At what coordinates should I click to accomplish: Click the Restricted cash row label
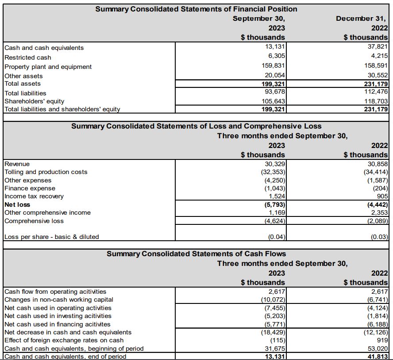(x=27, y=57)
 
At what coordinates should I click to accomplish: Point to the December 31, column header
(x=362, y=19)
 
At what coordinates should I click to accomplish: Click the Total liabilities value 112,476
(x=377, y=92)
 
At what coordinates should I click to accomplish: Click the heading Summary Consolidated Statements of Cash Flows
(x=196, y=254)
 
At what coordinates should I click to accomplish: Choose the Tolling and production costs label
(x=46, y=172)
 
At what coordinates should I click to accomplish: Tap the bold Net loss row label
(x=17, y=205)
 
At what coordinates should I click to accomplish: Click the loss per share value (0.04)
(x=277, y=237)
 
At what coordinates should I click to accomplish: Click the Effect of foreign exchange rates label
(x=64, y=340)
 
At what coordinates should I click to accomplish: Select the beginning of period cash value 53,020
(x=379, y=349)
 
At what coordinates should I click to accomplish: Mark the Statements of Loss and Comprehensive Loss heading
(x=196, y=126)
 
